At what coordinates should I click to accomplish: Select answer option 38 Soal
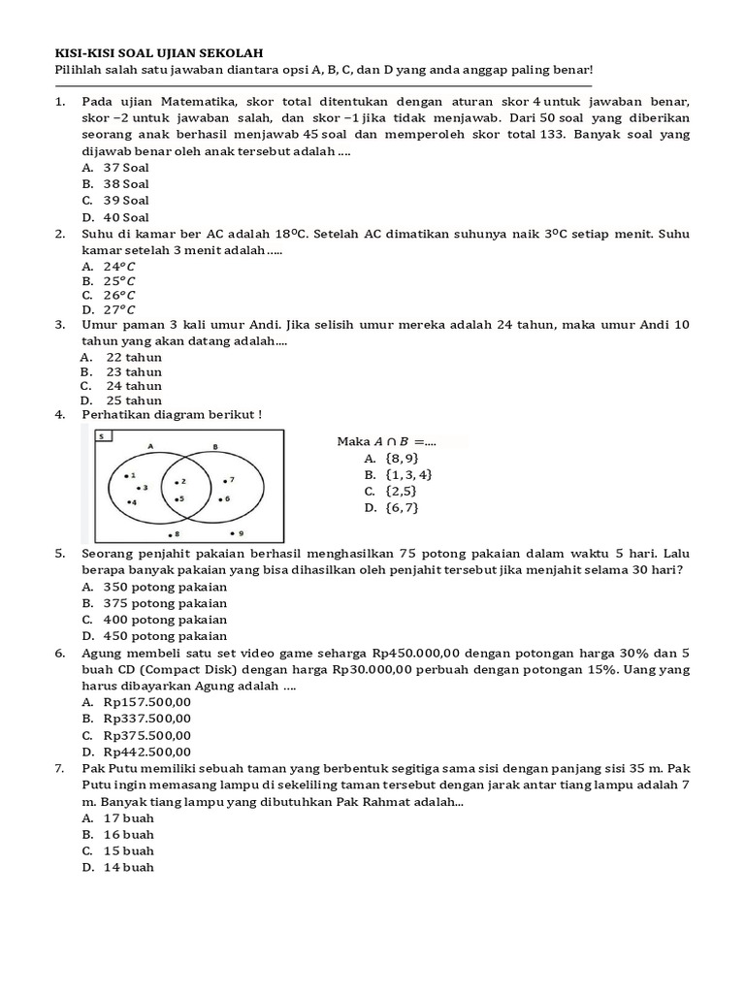click(x=126, y=183)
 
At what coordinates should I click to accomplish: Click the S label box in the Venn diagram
click(x=101, y=437)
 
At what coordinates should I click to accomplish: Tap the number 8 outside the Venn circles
click(x=175, y=533)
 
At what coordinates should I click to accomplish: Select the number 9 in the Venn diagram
click(x=240, y=533)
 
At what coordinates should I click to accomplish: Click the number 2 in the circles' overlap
click(x=181, y=481)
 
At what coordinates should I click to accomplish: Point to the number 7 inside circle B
click(x=231, y=480)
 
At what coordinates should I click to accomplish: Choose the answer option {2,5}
click(x=402, y=491)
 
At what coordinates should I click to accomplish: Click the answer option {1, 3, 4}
click(x=408, y=474)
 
